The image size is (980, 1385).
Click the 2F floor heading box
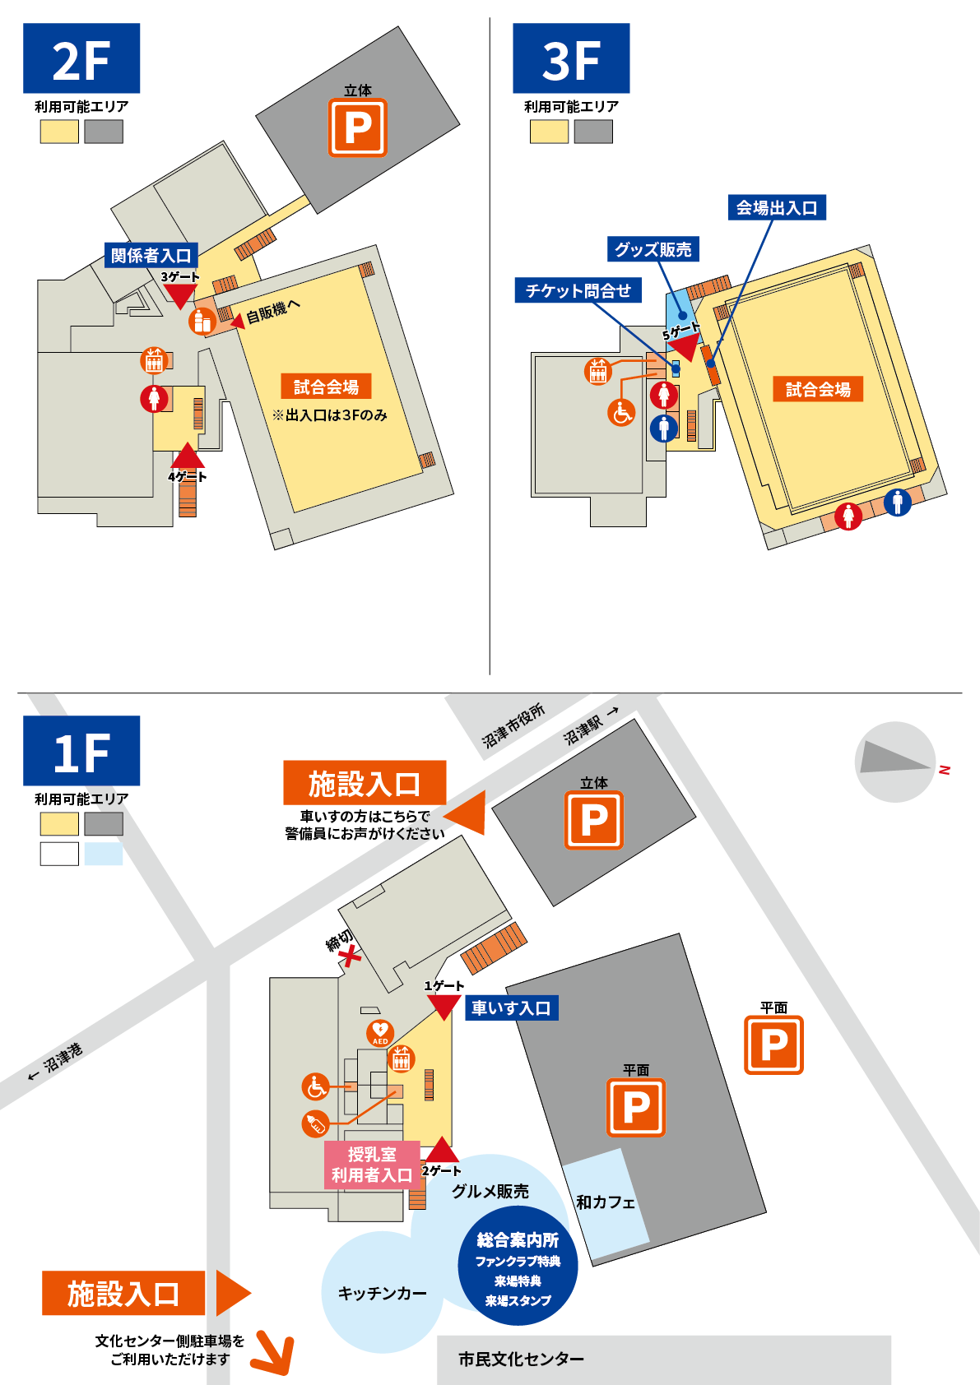[81, 58]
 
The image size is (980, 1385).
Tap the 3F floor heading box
[571, 58]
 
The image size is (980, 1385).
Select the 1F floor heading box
[81, 751]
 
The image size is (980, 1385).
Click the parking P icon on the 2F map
[358, 127]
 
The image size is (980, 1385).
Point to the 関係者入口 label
[151, 256]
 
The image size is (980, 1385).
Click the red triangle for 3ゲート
[179, 295]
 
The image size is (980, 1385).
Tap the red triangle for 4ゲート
[188, 456]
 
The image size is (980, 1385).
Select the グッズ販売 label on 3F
[653, 249]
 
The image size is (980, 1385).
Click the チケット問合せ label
[578, 290]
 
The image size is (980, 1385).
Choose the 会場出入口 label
[777, 207]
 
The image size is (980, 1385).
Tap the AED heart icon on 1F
[380, 1032]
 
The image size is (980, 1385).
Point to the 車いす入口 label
[511, 1008]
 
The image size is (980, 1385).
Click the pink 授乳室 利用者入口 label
[372, 1165]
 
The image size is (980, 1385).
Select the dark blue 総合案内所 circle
[518, 1267]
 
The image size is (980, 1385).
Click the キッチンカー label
[382, 1294]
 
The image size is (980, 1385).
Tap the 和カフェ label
[606, 1202]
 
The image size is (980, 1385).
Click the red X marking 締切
[351, 957]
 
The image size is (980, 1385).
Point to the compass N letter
[945, 770]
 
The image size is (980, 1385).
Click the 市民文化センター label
[521, 1360]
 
